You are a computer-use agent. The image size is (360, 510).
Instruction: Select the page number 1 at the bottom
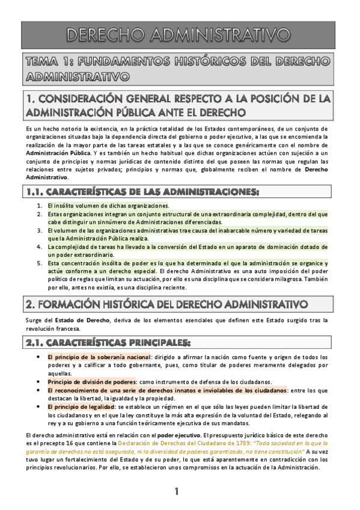coord(177,491)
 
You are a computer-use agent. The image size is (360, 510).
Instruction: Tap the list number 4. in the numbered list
coord(40,247)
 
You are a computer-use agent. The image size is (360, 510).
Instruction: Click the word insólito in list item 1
coord(66,205)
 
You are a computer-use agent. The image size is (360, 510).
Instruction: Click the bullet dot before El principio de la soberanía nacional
coord(38,357)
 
